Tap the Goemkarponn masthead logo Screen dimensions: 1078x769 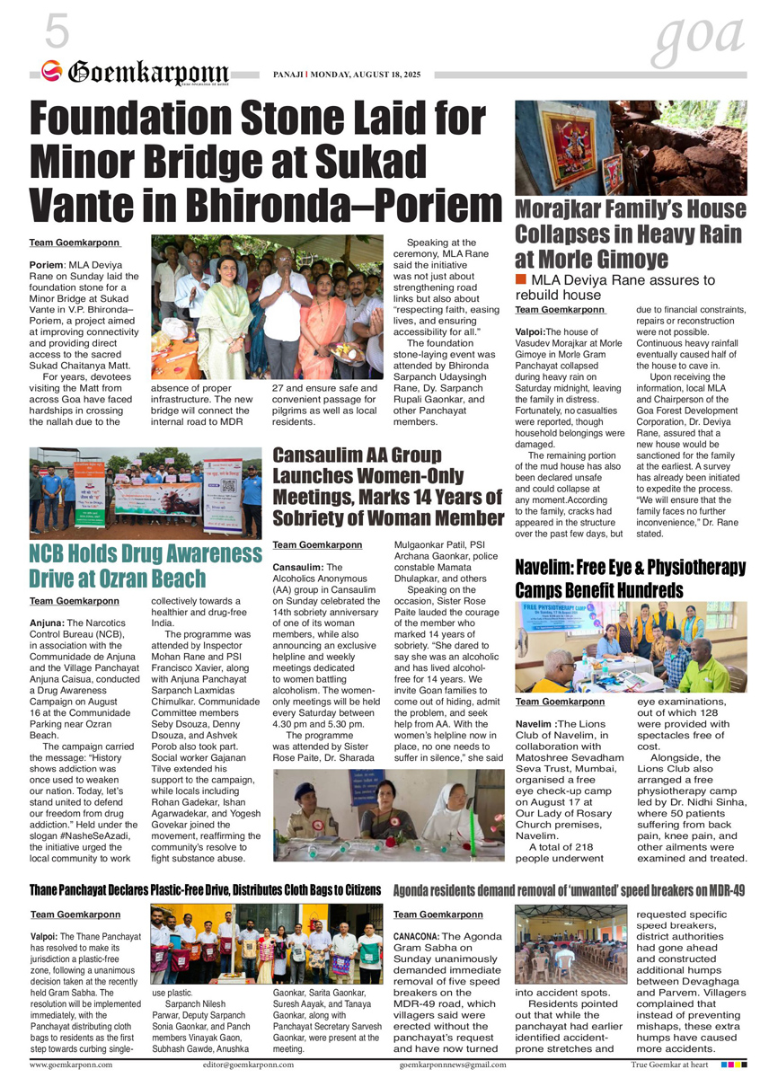135,73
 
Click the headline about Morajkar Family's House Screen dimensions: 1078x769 630,234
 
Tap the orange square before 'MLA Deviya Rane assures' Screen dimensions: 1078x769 521,280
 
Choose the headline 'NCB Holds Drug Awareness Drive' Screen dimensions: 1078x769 146,565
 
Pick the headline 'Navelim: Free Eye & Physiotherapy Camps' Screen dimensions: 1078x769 630,579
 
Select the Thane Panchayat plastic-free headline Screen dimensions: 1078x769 205,890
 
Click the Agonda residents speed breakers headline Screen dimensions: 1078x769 570,890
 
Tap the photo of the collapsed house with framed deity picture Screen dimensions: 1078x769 630,148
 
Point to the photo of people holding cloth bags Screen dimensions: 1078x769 267,947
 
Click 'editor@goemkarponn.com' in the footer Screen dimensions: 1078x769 248,1065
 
